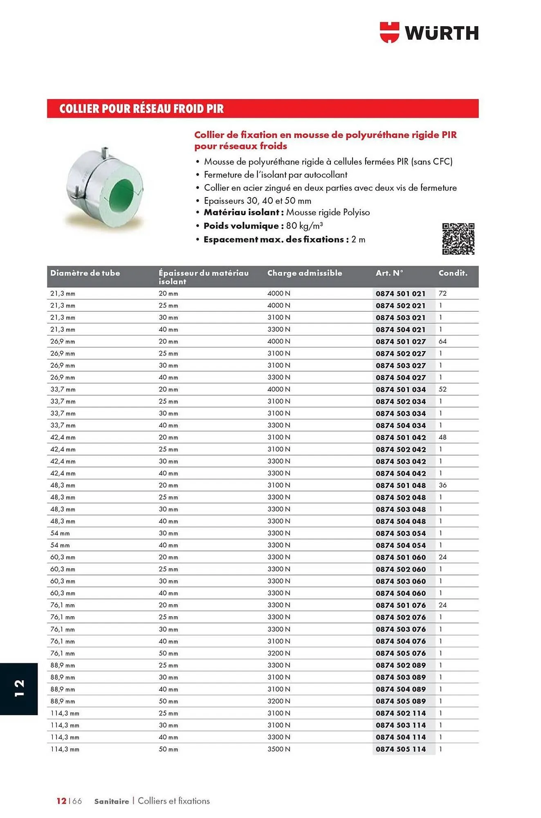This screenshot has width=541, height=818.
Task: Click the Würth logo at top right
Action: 429,33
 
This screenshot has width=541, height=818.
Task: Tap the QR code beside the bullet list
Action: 458,239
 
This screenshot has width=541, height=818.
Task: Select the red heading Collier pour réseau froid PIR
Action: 141,109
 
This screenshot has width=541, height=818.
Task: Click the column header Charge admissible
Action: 304,273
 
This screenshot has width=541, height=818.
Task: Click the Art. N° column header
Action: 389,273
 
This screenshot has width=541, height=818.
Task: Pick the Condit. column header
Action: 453,273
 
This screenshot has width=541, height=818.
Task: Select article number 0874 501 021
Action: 400,294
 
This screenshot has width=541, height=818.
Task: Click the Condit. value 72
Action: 442,294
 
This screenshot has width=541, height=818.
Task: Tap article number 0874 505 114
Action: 400,749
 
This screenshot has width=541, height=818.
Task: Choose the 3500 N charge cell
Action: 278,749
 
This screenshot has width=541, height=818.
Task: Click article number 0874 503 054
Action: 400,533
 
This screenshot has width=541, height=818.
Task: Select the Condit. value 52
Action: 442,389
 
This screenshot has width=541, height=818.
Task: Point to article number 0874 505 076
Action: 400,653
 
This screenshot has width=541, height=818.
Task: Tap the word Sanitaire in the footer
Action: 111,801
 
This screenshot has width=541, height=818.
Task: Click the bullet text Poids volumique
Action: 241,226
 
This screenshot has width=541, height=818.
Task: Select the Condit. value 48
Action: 442,437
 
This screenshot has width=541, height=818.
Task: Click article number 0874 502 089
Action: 400,665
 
